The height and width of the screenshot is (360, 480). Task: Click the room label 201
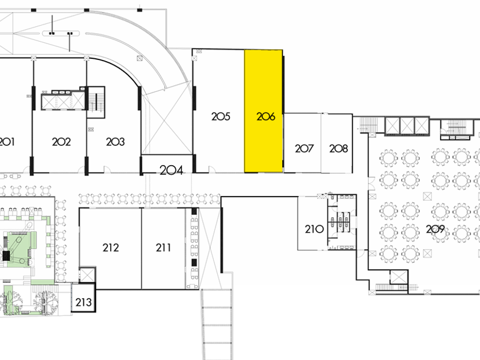click(x=7, y=142)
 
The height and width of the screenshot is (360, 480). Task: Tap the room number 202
click(x=61, y=142)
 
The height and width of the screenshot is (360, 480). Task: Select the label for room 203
click(x=115, y=142)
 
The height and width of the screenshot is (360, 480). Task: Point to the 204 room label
click(x=171, y=170)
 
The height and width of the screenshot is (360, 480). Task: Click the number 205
click(x=221, y=117)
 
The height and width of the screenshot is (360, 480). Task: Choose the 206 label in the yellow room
click(x=266, y=117)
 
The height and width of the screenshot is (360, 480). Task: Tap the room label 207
click(x=305, y=149)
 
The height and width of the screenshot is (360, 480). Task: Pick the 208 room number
click(x=338, y=149)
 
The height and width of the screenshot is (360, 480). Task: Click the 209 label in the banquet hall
click(x=435, y=230)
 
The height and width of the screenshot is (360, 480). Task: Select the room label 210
click(x=314, y=230)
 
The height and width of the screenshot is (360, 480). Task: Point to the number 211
click(x=163, y=247)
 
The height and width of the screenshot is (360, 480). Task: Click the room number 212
click(x=111, y=247)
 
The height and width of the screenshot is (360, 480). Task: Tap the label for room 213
click(x=83, y=302)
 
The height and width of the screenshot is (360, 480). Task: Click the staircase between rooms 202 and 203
click(x=96, y=102)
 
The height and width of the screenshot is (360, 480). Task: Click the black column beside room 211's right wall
click(x=194, y=263)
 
